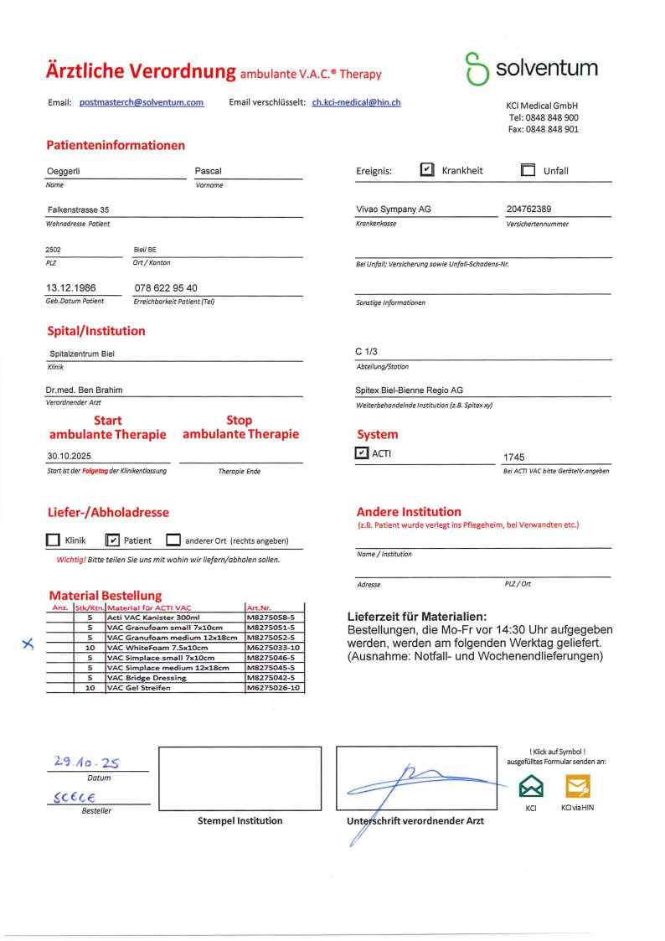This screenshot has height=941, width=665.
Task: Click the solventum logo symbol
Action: click(x=477, y=70)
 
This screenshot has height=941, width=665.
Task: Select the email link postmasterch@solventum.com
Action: click(x=142, y=102)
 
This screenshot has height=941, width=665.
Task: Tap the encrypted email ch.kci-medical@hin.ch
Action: click(x=356, y=102)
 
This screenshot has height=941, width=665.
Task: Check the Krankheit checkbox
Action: click(x=427, y=170)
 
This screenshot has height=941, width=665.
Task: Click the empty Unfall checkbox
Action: click(x=528, y=170)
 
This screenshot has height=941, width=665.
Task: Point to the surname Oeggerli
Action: click(x=69, y=172)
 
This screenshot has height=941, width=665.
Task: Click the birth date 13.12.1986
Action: click(x=71, y=288)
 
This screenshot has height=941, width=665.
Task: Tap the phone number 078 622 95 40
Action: click(x=166, y=288)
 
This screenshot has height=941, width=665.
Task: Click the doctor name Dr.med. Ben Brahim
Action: click(x=85, y=390)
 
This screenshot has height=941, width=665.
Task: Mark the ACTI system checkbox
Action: click(x=362, y=453)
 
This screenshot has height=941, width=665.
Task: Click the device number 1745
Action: click(x=513, y=458)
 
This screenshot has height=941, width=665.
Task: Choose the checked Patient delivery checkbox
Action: click(x=113, y=540)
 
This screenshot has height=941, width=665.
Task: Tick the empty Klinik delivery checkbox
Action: click(x=53, y=540)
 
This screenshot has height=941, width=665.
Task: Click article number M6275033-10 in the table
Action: click(x=273, y=648)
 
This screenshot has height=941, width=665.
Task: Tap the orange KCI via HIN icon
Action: click(x=578, y=786)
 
